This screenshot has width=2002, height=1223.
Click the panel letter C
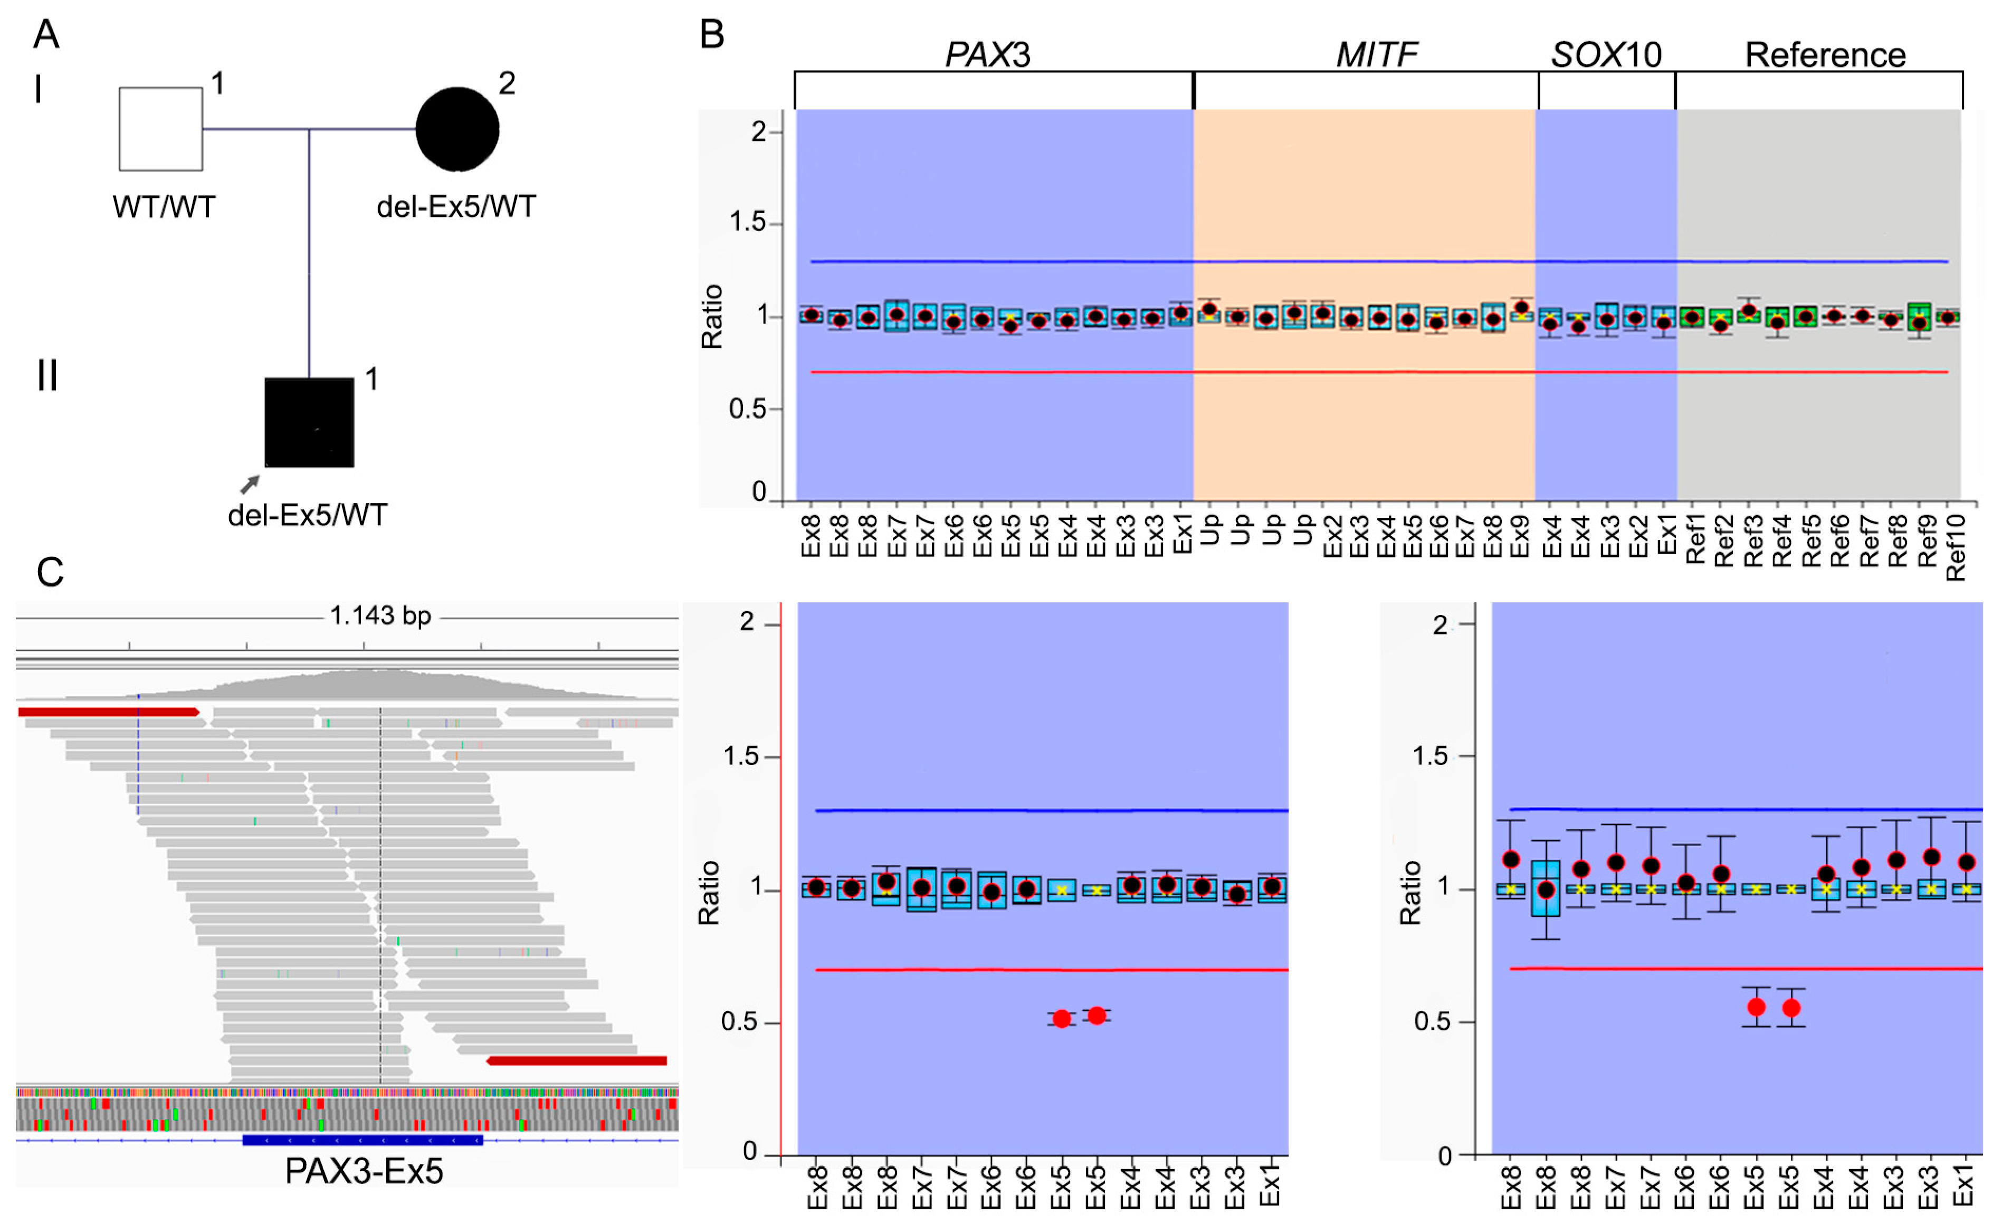pyautogui.click(x=50, y=572)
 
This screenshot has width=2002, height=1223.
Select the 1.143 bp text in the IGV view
pyautogui.click(x=380, y=616)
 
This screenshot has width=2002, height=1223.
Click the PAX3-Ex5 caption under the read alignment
pyautogui.click(x=364, y=1171)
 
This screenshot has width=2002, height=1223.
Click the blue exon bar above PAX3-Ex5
pyautogui.click(x=363, y=1140)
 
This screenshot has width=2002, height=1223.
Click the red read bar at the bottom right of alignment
pyautogui.click(x=577, y=1060)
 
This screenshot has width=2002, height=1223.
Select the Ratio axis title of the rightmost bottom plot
pyautogui.click(x=1410, y=892)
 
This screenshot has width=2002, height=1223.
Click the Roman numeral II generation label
pyautogui.click(x=47, y=376)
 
